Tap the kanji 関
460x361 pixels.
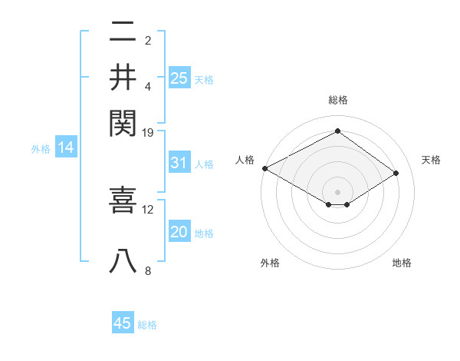[x=123, y=121]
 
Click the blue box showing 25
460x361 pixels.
[x=179, y=78]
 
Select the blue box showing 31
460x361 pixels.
[x=179, y=163]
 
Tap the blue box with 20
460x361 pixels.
[x=179, y=233]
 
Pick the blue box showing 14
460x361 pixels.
[x=65, y=148]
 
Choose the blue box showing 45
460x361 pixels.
[x=123, y=323]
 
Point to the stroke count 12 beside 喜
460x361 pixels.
[x=148, y=209]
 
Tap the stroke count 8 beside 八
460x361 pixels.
[x=148, y=270]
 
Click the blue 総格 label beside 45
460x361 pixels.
[x=147, y=325]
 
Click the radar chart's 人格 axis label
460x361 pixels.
[x=245, y=160]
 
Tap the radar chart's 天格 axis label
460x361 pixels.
[x=432, y=160]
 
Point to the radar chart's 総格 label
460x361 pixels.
[x=338, y=100]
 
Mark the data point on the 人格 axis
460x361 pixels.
[x=264, y=168]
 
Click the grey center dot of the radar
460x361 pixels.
[x=338, y=191]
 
